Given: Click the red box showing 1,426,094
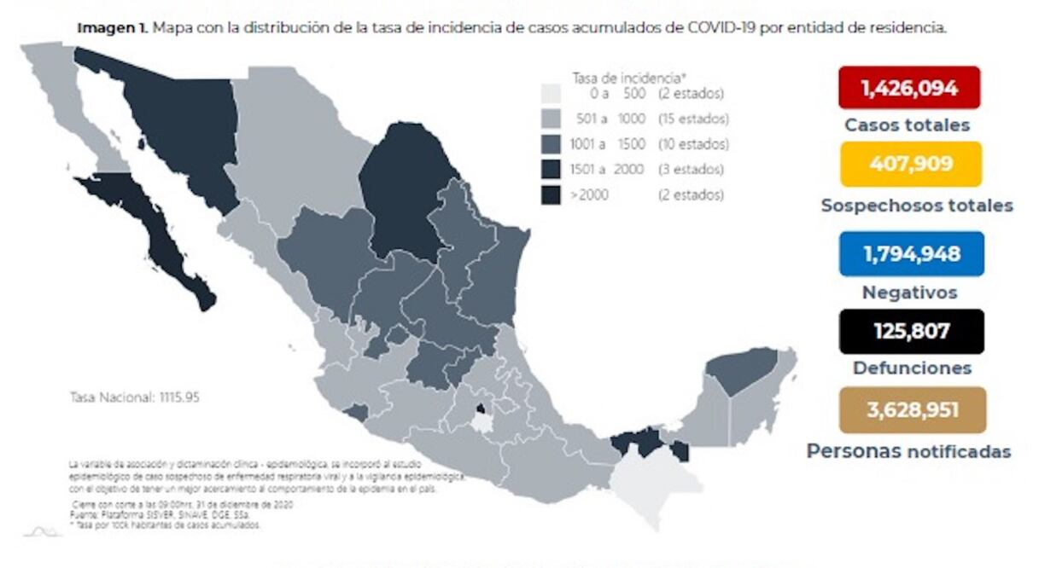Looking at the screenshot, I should click(908, 88).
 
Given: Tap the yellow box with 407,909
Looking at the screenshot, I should click(910, 164).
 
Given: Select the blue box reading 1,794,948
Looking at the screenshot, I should click(911, 254).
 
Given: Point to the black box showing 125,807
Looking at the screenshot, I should click(911, 331).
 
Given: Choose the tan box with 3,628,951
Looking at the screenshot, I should click(911, 410).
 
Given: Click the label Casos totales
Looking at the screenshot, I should click(907, 125).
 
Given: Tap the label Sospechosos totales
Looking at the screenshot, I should click(916, 206).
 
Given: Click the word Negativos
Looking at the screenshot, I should click(909, 293).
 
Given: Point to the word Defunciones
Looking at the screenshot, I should click(911, 368).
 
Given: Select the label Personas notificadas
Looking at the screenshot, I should click(908, 451).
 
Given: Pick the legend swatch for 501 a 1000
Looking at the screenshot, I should click(552, 119).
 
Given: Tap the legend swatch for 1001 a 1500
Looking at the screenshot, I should click(552, 144).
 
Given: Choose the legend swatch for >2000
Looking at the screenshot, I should click(552, 194).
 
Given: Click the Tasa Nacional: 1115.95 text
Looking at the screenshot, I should click(134, 397).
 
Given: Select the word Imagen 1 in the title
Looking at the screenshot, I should click(112, 28).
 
